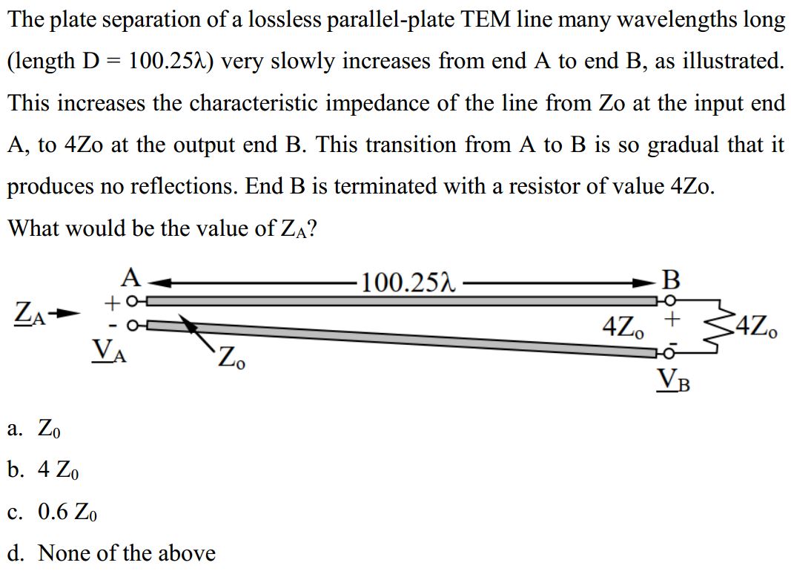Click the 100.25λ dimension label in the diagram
point(408,283)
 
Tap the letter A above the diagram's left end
point(131,277)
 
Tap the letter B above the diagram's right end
point(670,280)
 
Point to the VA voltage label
point(108,350)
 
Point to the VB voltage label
point(673,380)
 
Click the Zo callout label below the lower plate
point(231,357)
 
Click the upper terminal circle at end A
point(132,301)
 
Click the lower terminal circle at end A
point(132,326)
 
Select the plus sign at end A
point(111,303)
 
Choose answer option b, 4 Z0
point(44,470)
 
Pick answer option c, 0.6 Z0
point(53,512)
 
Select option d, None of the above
point(111,552)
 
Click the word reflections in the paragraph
point(184,186)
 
